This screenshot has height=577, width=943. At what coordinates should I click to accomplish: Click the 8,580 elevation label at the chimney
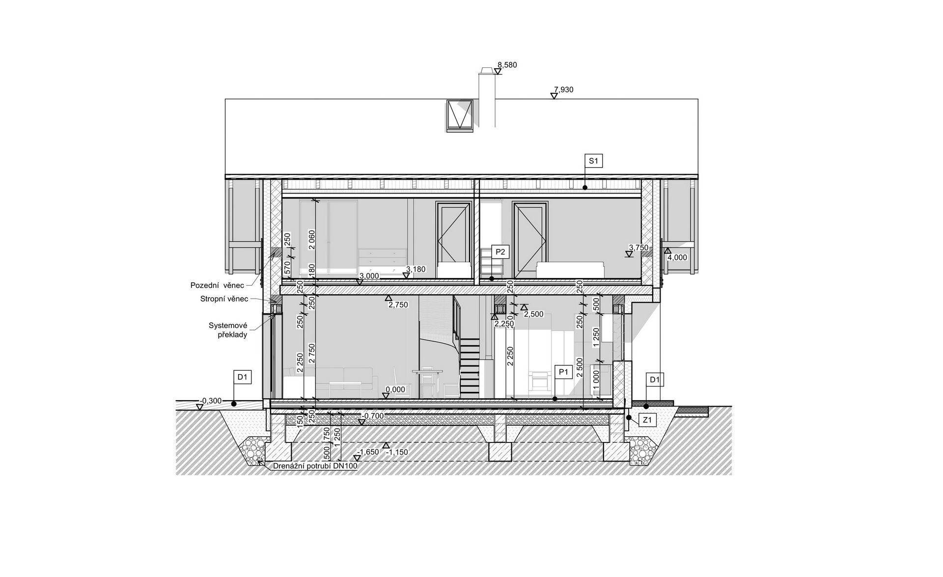pos(507,65)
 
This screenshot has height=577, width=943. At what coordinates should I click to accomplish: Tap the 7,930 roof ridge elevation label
pos(563,90)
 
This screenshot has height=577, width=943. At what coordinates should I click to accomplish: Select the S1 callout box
pos(593,161)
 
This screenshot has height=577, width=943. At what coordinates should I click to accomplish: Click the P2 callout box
pos(500,252)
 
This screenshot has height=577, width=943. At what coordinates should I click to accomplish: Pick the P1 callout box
pos(563,372)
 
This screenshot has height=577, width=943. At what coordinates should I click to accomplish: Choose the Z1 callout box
pos(648,419)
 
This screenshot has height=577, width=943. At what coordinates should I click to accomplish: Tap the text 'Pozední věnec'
pos(217,285)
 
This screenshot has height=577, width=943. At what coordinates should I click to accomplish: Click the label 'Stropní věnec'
pos(224,299)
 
